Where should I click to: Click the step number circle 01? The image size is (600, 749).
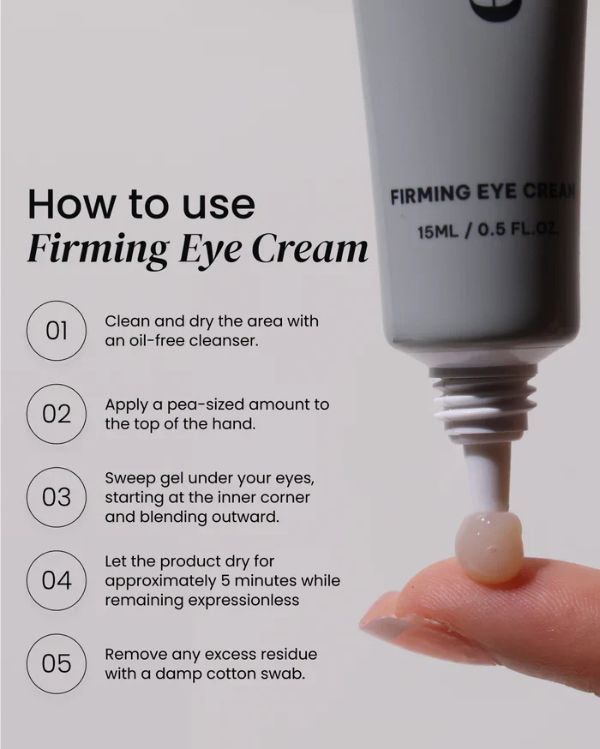pyautogui.click(x=57, y=331)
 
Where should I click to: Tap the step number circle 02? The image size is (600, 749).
pyautogui.click(x=57, y=414)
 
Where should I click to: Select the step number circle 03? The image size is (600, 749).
pyautogui.click(x=57, y=497)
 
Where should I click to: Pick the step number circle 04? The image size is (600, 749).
pyautogui.click(x=57, y=580)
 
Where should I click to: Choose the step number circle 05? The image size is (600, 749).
pyautogui.click(x=57, y=663)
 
